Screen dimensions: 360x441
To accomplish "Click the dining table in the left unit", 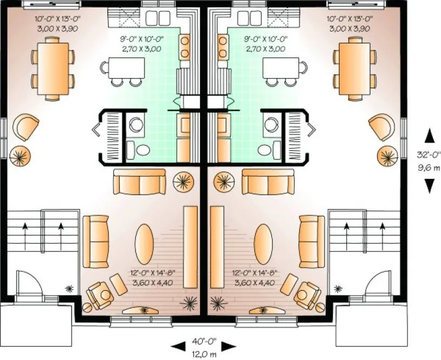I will (x=53, y=68).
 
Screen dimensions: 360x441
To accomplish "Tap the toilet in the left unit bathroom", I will (x=142, y=150).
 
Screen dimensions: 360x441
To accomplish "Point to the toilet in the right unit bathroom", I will (x=265, y=150).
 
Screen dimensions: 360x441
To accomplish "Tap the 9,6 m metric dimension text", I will (x=429, y=168).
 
